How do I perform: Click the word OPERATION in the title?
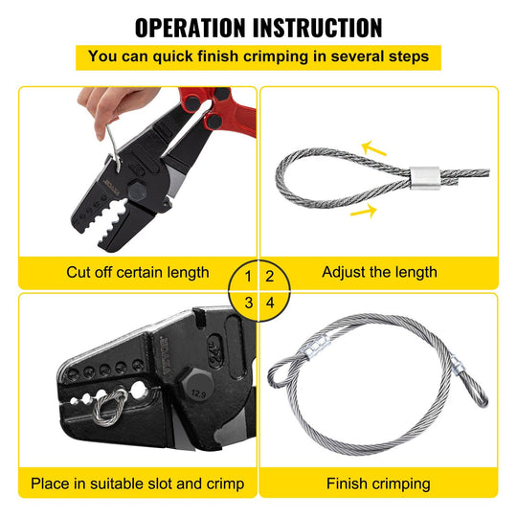coord(191,28)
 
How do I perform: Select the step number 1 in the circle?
coord(248,277)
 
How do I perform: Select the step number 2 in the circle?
coord(270,277)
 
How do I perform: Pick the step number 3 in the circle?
coord(249,303)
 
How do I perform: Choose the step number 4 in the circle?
coord(270,303)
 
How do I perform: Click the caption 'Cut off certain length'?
coord(138,272)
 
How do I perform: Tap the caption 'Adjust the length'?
coord(379,272)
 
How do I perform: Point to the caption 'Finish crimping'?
coord(378,483)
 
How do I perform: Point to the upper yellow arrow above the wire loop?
coord(373,148)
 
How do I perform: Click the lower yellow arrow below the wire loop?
coord(364,211)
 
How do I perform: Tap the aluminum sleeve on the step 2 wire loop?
coord(425,178)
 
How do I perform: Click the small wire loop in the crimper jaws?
coord(110,407)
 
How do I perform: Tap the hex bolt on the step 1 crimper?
coord(137,191)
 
